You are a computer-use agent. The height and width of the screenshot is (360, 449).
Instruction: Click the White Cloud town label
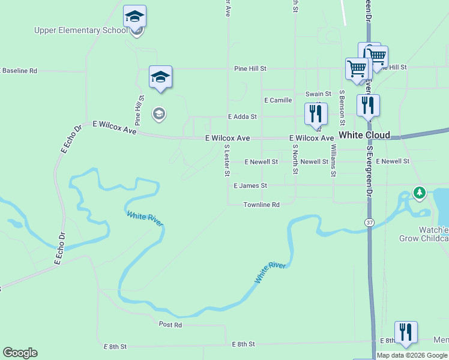pyautogui.click(x=364, y=135)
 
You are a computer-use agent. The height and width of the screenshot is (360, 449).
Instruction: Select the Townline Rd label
pyautogui.click(x=261, y=205)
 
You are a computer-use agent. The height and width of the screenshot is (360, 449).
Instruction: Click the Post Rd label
pyautogui.click(x=170, y=325)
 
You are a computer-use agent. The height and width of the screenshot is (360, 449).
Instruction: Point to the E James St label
pyautogui.click(x=250, y=186)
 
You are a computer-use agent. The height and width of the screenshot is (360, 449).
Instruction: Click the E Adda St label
pyautogui.click(x=242, y=116)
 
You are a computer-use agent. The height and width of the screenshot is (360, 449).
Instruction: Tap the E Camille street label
pyautogui.click(x=277, y=100)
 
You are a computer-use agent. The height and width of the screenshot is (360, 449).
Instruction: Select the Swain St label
pyautogui.click(x=318, y=94)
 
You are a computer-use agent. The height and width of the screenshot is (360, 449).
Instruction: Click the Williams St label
pyautogui.click(x=333, y=160)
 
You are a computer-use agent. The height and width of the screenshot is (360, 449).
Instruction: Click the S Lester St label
pyautogui.click(x=227, y=160)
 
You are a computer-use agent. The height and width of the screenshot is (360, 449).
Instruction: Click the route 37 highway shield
pyautogui.click(x=369, y=222)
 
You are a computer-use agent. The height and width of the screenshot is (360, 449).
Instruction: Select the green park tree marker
pyautogui.click(x=420, y=193)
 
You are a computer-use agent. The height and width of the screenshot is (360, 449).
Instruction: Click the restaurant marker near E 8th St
pyautogui.click(x=406, y=332)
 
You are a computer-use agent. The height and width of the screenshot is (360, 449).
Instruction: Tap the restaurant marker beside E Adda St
pyautogui.click(x=316, y=113)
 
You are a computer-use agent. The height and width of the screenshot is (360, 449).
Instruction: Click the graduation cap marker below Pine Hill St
pyautogui.click(x=160, y=77)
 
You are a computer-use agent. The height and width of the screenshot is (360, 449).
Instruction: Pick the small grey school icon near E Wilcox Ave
pyautogui.click(x=158, y=114)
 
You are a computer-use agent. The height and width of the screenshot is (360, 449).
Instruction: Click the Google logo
pyautogui.click(x=20, y=353)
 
